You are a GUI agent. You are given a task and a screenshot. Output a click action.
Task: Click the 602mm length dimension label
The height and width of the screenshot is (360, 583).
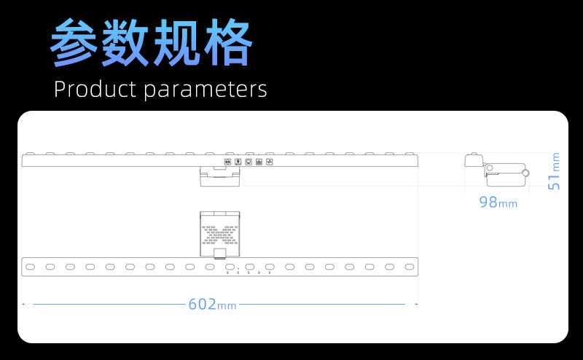(212, 304)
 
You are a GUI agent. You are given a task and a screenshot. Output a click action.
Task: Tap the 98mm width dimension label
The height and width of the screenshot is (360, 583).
(498, 202)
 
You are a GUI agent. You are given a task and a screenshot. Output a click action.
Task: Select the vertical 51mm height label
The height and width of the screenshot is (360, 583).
(555, 172)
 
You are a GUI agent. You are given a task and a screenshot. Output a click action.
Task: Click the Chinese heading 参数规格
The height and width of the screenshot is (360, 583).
(152, 44)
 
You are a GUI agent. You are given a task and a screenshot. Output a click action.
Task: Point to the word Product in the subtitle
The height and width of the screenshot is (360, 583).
(95, 90)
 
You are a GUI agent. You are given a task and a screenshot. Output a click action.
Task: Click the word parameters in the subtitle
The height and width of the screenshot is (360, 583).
(205, 90)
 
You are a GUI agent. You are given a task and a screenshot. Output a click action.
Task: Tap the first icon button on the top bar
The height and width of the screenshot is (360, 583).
(227, 161)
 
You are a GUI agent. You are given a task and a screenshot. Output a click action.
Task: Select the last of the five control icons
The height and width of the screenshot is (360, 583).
(269, 161)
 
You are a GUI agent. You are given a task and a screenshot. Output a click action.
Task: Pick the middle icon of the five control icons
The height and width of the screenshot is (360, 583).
(249, 161)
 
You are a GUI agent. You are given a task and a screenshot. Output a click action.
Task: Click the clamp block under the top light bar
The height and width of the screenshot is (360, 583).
(219, 176)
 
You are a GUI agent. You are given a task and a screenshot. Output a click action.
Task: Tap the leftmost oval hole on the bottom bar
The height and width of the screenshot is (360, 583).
(31, 267)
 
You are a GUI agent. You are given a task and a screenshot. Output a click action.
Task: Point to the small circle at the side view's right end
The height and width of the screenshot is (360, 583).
(528, 173)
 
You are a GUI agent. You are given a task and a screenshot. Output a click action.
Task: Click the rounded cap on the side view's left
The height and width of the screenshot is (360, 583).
(472, 160)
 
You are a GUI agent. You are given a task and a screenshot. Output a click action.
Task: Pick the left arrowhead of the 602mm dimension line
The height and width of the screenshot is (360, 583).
(24, 304)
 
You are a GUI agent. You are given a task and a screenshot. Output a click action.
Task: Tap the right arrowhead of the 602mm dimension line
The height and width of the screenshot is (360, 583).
(416, 304)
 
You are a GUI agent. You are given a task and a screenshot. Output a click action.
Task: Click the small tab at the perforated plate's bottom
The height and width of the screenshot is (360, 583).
(219, 254)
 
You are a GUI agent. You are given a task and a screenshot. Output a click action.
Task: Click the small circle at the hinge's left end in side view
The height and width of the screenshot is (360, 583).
(490, 169)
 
